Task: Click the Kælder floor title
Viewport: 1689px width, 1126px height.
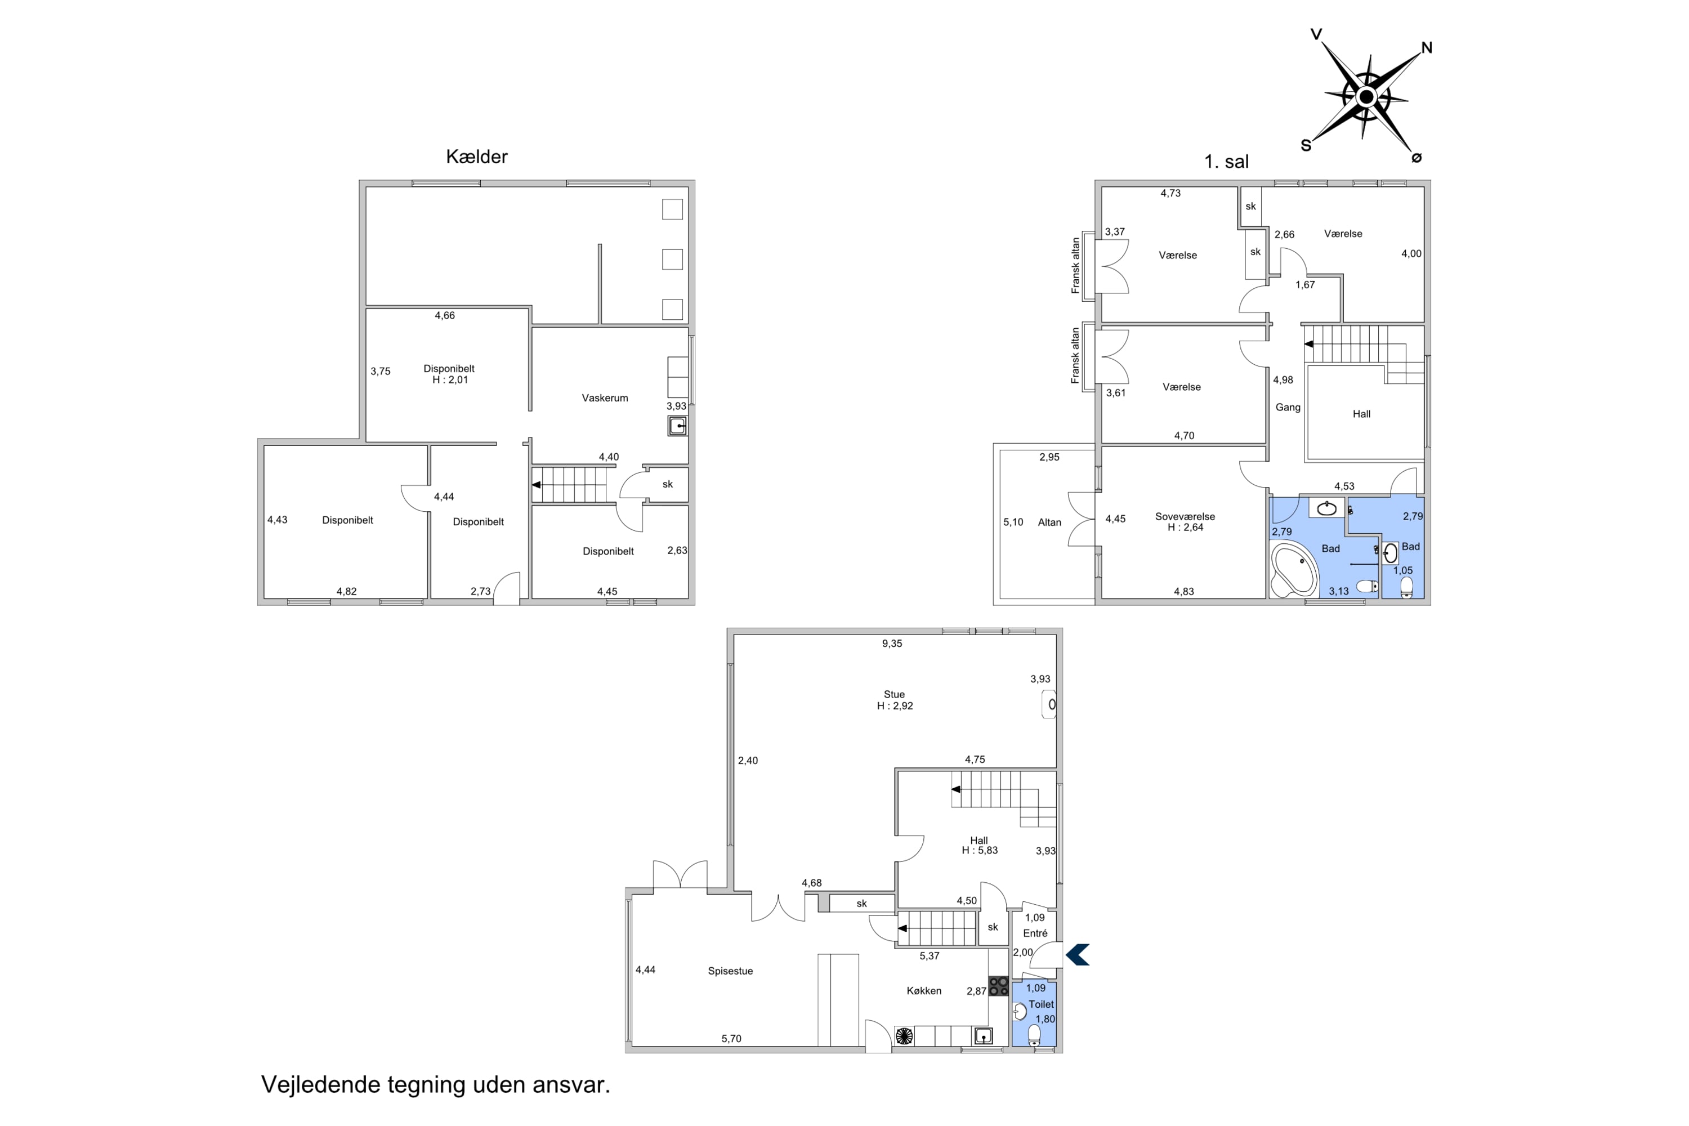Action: [476, 157]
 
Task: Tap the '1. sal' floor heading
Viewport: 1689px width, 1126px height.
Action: [1227, 162]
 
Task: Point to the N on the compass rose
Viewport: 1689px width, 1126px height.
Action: [1426, 48]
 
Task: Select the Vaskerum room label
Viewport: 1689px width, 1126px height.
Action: [605, 398]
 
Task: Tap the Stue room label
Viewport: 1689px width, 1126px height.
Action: [894, 694]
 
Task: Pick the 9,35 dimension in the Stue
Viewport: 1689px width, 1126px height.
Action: [892, 644]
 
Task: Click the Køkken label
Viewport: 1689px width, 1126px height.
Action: [923, 991]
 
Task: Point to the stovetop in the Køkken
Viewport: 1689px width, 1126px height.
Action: [998, 986]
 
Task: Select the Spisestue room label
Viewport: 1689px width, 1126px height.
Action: [730, 971]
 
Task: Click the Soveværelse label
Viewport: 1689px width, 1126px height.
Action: [1185, 516]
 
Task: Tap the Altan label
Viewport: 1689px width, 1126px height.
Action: [1049, 522]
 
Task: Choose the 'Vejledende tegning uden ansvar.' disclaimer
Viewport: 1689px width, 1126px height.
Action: [435, 1084]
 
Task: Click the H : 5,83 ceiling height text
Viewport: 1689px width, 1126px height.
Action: [980, 850]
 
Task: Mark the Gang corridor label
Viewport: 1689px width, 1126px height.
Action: [1288, 407]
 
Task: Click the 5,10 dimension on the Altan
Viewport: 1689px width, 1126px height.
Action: [1013, 522]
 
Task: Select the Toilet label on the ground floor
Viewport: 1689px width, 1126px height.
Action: [1041, 1004]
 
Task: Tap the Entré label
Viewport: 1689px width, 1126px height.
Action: [1035, 933]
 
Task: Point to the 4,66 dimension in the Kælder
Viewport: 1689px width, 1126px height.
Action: [445, 315]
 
